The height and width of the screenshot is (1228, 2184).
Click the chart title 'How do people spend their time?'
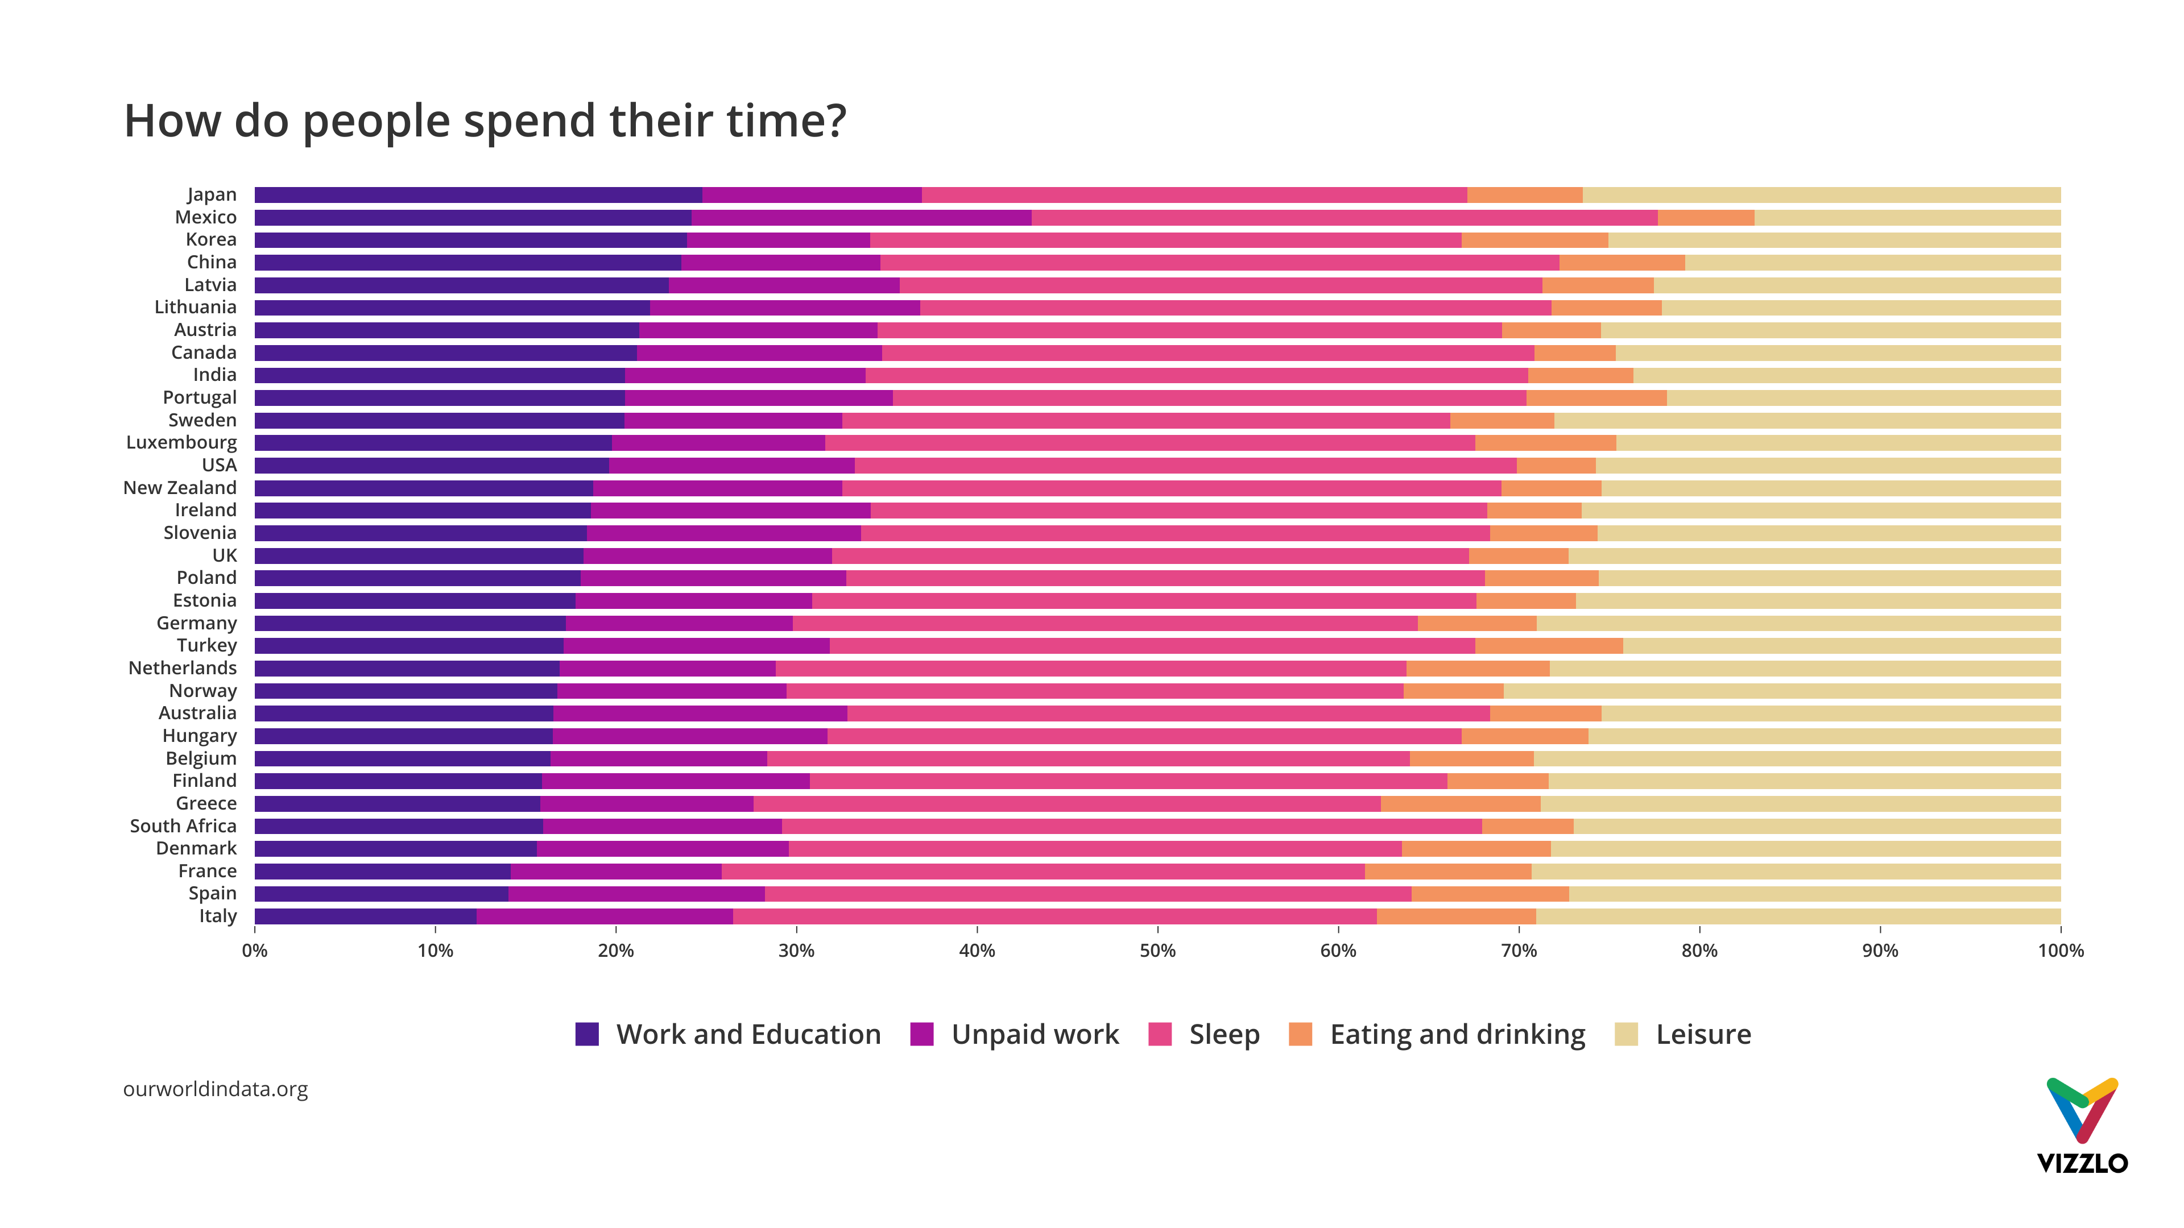(485, 121)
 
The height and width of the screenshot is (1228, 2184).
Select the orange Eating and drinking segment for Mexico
(1705, 218)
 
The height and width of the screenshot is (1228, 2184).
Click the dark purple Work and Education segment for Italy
(365, 916)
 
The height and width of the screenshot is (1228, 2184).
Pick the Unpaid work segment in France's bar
(615, 871)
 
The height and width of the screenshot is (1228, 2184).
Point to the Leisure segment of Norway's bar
(1780, 691)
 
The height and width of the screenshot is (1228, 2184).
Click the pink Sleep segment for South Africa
(1131, 826)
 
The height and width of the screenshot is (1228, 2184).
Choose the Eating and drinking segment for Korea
(1534, 240)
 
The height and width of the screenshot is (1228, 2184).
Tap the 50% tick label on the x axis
(1157, 951)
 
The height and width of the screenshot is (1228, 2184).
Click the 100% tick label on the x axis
(2059, 951)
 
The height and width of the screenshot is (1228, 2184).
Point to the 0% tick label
(254, 951)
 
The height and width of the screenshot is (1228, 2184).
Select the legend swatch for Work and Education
(587, 1034)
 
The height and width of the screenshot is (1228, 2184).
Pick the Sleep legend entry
(1223, 1034)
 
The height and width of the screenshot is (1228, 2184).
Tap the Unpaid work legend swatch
(921, 1034)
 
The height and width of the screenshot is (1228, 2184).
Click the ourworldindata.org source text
(216, 1089)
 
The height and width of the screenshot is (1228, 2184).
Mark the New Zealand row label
(180, 488)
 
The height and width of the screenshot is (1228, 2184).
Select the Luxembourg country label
(181, 442)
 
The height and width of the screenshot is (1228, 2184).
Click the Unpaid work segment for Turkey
(696, 646)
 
